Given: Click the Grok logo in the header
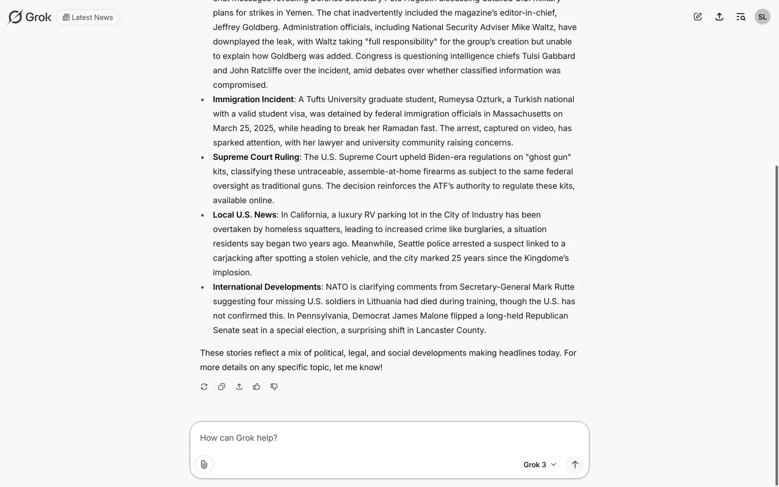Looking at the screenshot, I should point(29,17).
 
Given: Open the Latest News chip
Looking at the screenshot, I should point(88,17).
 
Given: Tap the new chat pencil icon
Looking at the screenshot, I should point(697,17).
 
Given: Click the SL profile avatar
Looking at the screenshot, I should point(762,17).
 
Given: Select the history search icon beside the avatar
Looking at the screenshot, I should point(740,17).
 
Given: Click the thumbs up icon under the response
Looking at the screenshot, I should point(256,387).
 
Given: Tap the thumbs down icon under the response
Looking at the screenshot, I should point(274,387).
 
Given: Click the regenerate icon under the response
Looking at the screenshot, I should point(204,387).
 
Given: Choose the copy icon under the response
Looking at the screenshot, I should point(222,387).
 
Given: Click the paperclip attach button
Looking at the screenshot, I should point(204,464).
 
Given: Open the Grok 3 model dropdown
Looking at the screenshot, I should point(539,465).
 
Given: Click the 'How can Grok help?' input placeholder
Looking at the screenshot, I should point(239,438).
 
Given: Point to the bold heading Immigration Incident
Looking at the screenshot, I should point(253,99).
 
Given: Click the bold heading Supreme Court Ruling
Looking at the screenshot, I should point(256,157).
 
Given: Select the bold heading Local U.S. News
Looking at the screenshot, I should point(245,215).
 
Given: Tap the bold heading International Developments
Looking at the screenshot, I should point(267,287).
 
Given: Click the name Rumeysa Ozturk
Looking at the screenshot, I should point(470,99).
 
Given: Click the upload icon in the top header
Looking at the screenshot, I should point(719,17).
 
